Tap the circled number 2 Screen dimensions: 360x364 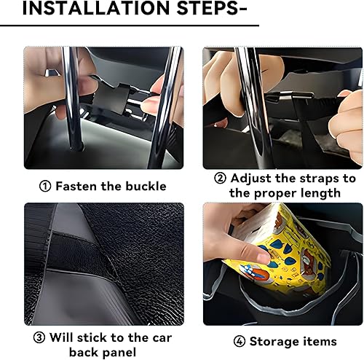point(220,179)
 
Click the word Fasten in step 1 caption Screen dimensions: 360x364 point(79,186)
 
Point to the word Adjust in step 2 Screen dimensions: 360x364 point(253,179)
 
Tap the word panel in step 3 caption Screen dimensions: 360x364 point(122,353)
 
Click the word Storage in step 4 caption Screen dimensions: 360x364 point(276,341)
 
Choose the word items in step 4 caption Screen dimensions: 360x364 point(321,341)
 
